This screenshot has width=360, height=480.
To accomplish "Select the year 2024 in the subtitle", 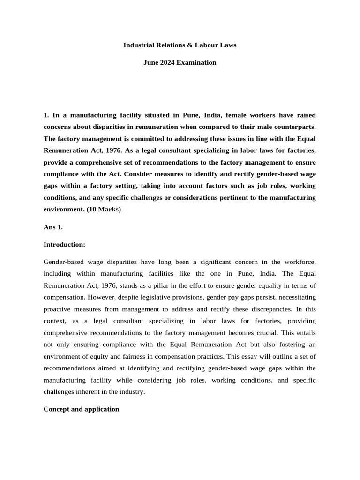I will (168, 62).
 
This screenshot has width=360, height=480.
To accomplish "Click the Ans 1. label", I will (53, 227).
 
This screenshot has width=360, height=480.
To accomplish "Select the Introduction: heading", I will (63, 244).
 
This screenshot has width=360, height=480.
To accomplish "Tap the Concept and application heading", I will (81, 409).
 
